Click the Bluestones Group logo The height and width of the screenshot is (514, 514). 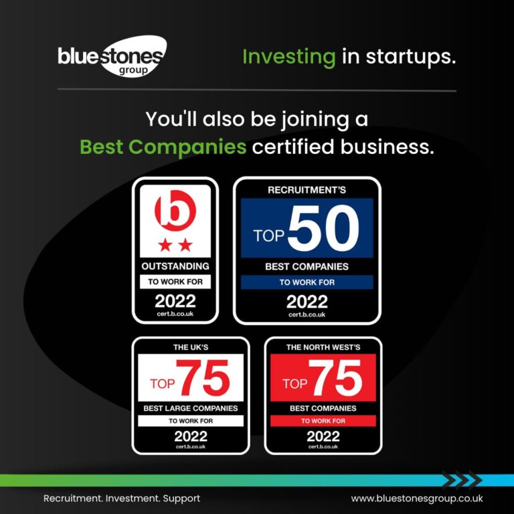tap(112, 56)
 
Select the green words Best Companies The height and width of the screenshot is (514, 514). tap(163, 147)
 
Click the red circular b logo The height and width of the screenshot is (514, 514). tap(175, 210)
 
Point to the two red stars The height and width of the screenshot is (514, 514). tap(175, 245)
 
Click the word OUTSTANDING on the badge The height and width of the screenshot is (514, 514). tap(175, 266)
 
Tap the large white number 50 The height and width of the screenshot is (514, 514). tap(323, 228)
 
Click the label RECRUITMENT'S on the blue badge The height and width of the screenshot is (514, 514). tap(307, 190)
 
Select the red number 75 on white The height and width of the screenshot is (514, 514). tap(203, 377)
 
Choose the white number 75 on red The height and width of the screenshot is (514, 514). tap(335, 377)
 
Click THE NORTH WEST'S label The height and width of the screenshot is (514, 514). tap(323, 347)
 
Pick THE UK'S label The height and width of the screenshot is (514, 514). tap(191, 347)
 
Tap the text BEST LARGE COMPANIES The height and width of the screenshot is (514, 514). tap(191, 408)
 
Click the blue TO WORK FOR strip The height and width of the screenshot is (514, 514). tap(307, 282)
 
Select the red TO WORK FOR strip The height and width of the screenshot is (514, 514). tap(323, 421)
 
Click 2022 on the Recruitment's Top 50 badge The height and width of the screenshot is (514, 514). tap(307, 302)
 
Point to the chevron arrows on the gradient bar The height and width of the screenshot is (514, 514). tap(462, 480)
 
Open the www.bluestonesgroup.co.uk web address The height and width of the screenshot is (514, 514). tap(417, 499)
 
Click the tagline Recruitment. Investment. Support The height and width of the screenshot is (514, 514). tap(122, 499)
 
